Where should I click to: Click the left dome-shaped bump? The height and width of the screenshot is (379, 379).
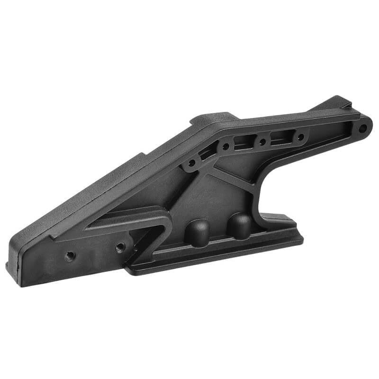[197, 231]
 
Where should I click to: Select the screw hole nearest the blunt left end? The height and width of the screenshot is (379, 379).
[70, 256]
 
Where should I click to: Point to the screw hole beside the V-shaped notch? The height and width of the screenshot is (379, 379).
[120, 247]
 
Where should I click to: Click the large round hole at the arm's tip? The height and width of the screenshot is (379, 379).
[362, 128]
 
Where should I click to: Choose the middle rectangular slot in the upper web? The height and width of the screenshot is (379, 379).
[244, 141]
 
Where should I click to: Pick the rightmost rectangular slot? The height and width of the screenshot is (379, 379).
[280, 138]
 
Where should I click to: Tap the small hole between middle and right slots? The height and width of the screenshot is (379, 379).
[262, 141]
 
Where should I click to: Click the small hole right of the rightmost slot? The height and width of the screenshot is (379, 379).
[300, 137]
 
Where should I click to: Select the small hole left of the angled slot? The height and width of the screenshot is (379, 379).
[191, 163]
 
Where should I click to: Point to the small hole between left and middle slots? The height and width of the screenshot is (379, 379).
[226, 147]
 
